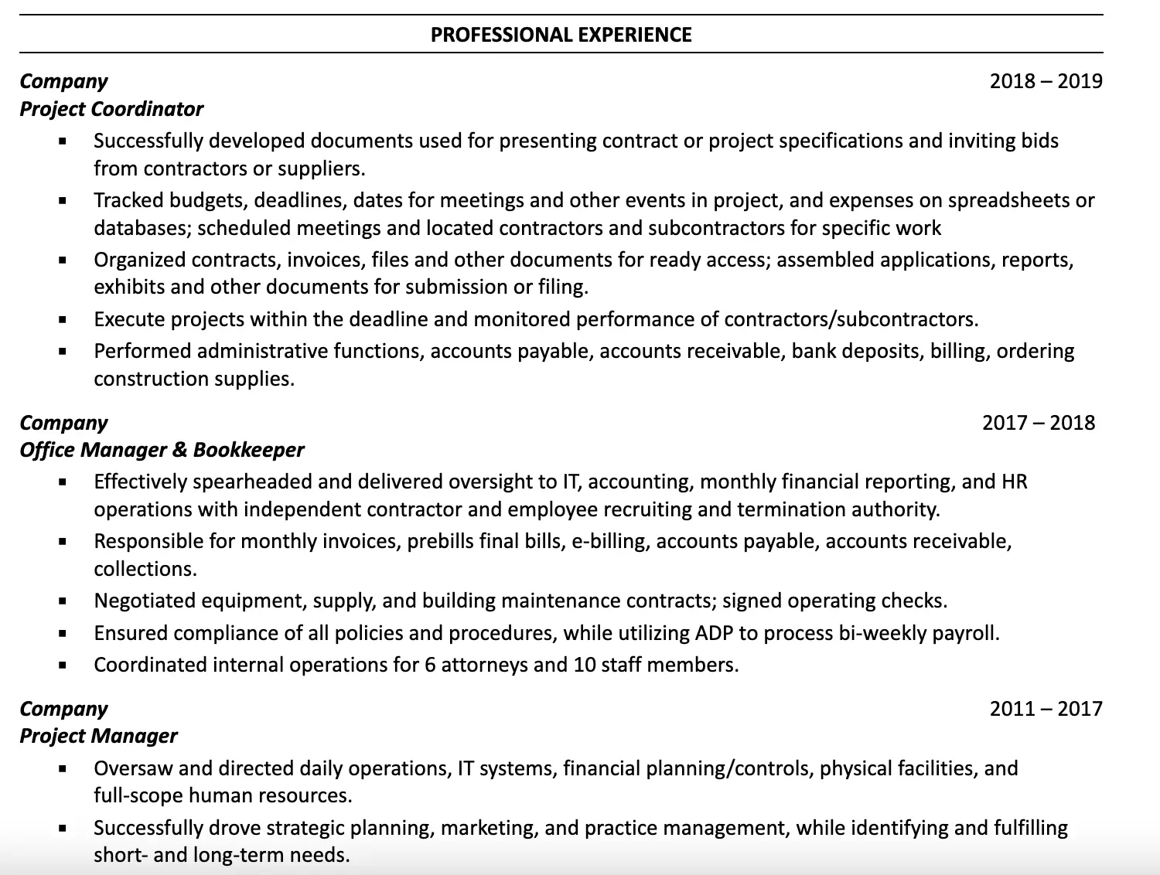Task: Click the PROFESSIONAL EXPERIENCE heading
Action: (x=561, y=35)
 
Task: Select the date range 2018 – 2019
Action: (x=1046, y=81)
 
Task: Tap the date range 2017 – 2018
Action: (x=1038, y=423)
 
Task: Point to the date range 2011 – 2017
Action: (x=1046, y=709)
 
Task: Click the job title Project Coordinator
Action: (x=111, y=109)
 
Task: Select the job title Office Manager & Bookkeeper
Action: (x=162, y=450)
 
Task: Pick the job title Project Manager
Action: (x=98, y=736)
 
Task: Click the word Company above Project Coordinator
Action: (x=63, y=81)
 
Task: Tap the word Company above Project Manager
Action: (x=63, y=709)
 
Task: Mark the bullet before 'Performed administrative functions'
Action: (x=63, y=352)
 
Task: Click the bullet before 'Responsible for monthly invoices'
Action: (x=63, y=542)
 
